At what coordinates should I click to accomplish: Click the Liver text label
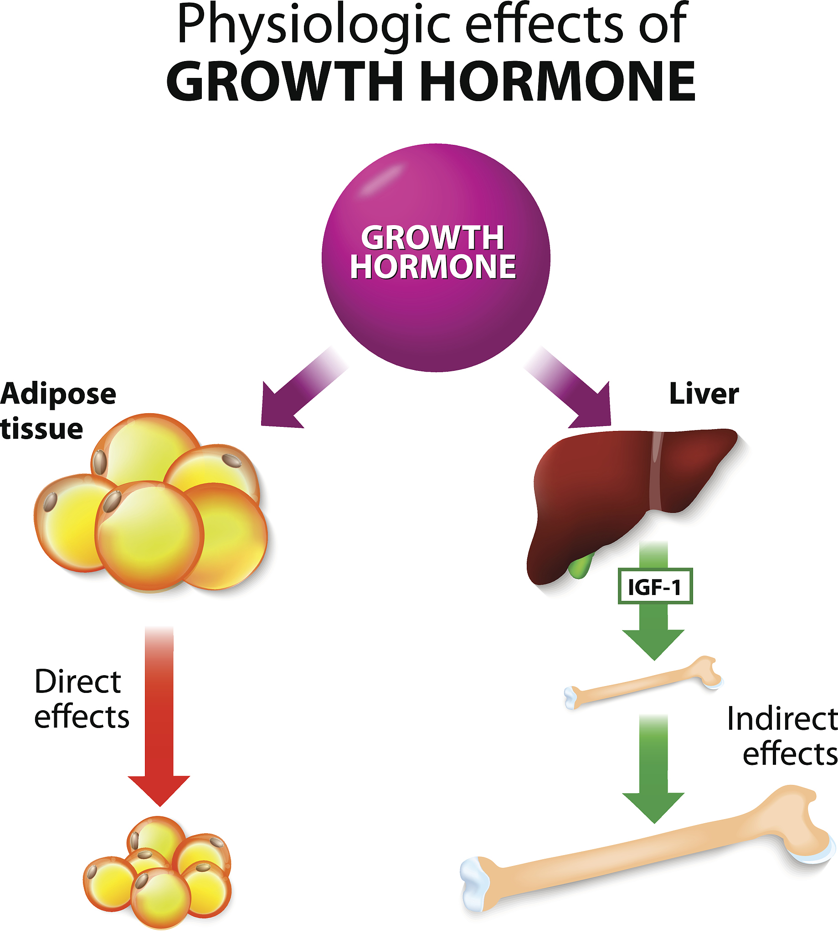(x=704, y=394)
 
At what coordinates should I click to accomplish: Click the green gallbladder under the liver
(x=581, y=567)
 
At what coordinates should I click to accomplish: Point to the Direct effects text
(x=81, y=699)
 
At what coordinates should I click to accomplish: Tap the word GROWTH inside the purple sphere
(x=432, y=237)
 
